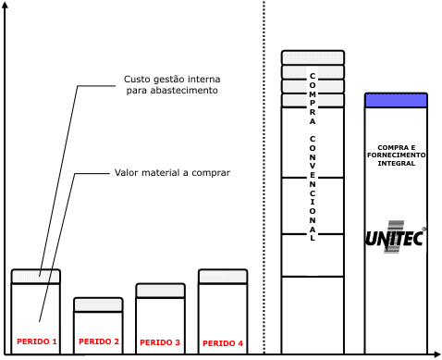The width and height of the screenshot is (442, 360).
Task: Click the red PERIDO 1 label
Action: click(x=37, y=341)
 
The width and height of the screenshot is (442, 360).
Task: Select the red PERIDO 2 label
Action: click(x=99, y=341)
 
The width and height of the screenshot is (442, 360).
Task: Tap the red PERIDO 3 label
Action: click(x=160, y=342)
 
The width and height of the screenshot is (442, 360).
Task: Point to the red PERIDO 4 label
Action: click(x=223, y=343)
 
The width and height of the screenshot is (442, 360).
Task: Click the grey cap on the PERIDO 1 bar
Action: click(x=36, y=276)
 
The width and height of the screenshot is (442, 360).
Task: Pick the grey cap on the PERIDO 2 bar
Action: click(x=98, y=304)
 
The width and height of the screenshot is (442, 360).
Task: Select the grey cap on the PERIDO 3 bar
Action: click(x=161, y=291)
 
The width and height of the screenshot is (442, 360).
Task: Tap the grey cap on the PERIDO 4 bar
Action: click(x=223, y=276)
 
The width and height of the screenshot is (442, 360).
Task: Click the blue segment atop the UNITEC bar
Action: click(x=396, y=100)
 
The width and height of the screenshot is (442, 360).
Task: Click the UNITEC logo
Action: click(x=396, y=237)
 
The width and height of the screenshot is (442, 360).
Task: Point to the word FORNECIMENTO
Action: click(x=397, y=155)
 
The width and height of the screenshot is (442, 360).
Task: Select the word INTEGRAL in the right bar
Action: click(x=397, y=163)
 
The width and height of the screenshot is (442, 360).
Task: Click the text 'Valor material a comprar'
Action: click(x=172, y=173)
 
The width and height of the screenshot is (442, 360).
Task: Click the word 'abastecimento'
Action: click(x=184, y=91)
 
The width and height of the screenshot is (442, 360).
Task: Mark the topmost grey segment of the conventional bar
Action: click(x=313, y=57)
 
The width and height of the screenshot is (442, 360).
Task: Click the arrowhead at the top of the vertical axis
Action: click(x=5, y=5)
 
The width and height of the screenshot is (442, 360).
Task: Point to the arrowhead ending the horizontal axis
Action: click(x=437, y=354)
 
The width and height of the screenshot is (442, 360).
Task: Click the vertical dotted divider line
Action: click(x=264, y=177)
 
